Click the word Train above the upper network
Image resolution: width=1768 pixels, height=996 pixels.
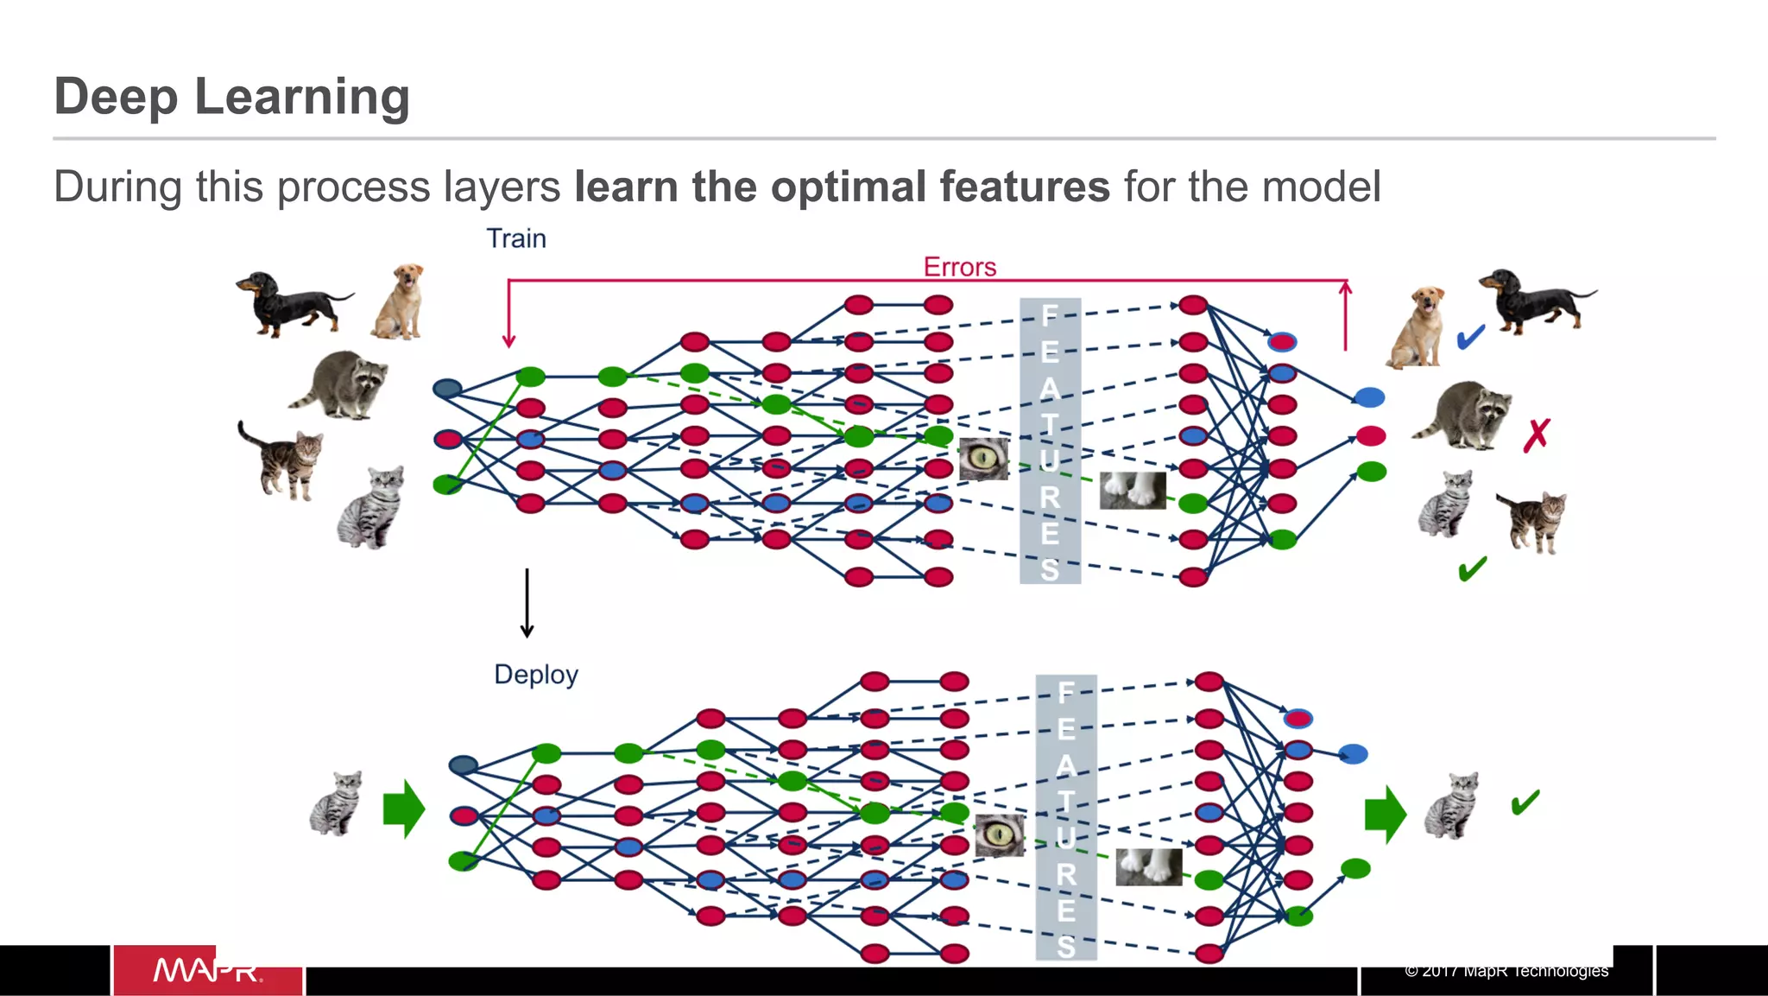[515, 238]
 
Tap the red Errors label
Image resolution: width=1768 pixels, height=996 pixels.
[959, 267]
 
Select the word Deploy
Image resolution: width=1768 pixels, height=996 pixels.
[535, 675]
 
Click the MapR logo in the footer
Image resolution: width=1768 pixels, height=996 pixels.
[207, 971]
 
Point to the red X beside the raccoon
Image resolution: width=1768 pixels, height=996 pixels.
[1537, 435]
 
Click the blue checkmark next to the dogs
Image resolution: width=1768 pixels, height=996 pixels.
[1471, 336]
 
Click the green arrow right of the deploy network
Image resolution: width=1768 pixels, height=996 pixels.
[1386, 814]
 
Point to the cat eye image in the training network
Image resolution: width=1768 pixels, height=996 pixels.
[983, 459]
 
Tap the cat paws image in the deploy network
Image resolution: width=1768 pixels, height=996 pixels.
[1148, 867]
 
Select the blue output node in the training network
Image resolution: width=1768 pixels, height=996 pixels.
[1369, 397]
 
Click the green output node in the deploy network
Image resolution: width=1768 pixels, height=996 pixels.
[1355, 868]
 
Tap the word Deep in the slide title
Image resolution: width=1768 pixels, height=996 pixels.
[115, 96]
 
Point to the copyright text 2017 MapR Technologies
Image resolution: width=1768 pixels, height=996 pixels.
[1506, 971]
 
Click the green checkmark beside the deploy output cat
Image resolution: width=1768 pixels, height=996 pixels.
[1525, 803]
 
